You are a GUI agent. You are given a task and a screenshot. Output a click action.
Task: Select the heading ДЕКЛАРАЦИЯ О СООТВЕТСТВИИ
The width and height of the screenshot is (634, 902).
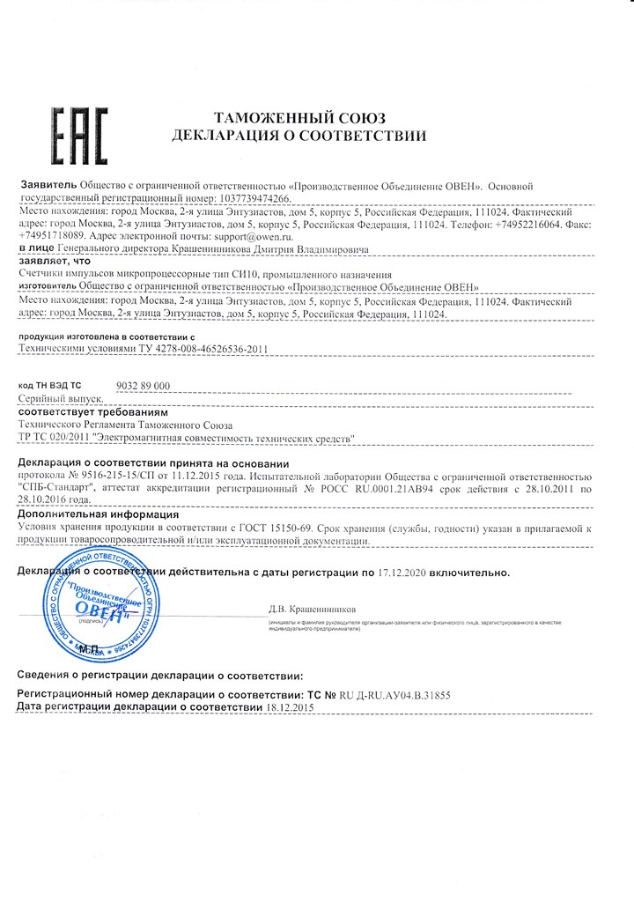[299, 137]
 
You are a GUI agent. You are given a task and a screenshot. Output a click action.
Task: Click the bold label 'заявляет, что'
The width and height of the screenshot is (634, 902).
[54, 262]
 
